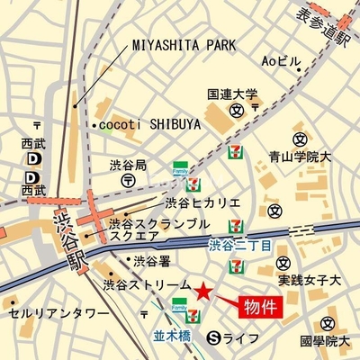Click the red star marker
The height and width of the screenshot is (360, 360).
click(x=204, y=291)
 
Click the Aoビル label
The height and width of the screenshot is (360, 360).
click(x=281, y=61)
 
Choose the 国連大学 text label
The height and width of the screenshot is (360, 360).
click(x=231, y=93)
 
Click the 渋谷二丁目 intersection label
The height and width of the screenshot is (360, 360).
click(x=240, y=244)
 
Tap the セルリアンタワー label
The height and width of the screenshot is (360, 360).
click(x=46, y=314)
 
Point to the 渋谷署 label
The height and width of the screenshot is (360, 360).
click(x=151, y=262)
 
